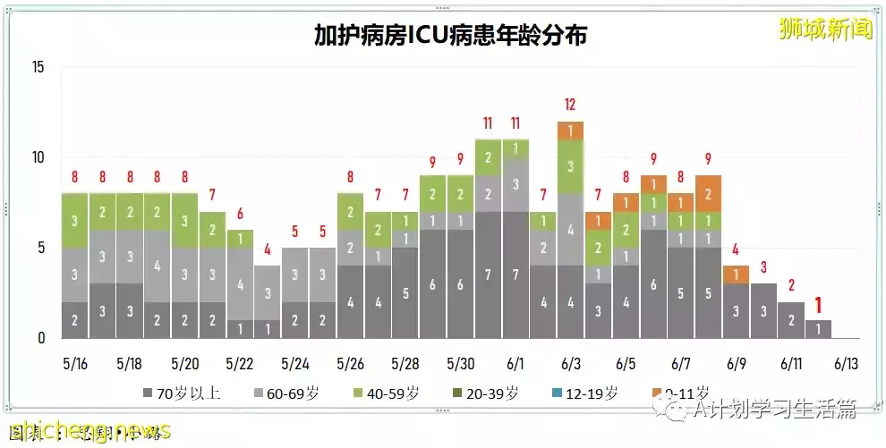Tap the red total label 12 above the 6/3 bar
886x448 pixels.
pos(570,105)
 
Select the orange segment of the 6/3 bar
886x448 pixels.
pos(570,131)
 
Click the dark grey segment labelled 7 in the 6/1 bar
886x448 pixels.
pos(515,273)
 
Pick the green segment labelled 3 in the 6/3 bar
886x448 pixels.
pos(570,166)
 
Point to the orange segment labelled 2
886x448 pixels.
pos(708,193)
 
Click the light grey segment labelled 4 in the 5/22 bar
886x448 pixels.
pos(239,284)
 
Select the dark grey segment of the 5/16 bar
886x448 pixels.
pos(74,320)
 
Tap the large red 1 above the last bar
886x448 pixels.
pos(818,305)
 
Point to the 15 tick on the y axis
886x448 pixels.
pos(37,67)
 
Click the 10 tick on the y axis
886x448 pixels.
pos(37,157)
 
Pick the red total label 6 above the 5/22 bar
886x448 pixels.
pos(239,214)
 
